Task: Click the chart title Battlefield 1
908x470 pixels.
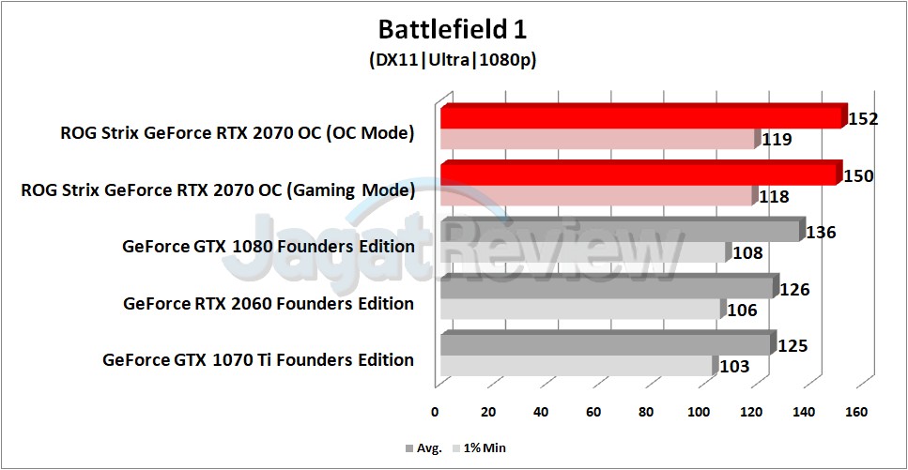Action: [x=454, y=28]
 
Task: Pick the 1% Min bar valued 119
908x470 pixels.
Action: [x=597, y=140]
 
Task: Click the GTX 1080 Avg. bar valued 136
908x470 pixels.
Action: [x=620, y=231]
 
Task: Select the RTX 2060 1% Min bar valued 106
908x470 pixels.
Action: [x=580, y=310]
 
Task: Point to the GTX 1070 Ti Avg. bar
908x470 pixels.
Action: [x=606, y=344]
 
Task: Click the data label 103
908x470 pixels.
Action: [x=735, y=367]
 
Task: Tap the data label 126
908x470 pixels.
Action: [x=794, y=290]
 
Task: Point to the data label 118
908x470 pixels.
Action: [x=774, y=197]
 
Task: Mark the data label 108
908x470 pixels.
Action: [x=747, y=253]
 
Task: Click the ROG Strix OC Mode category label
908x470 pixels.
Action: [x=232, y=133]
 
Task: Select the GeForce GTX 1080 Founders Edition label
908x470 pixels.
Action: [x=268, y=247]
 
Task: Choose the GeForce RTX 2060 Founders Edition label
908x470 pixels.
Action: [x=269, y=303]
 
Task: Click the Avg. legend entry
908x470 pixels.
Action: [x=423, y=448]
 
